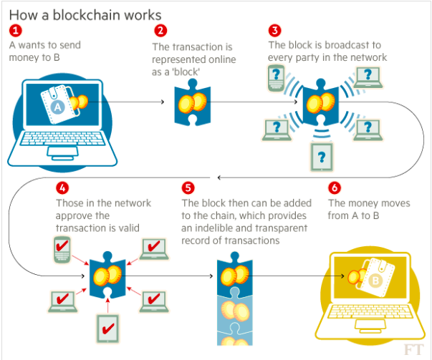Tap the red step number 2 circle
coord(160,31)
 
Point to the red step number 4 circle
coord(62,189)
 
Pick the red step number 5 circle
coord(188,189)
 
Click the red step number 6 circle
coord(335,189)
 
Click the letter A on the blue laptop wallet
coord(58,107)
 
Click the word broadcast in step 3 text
coord(332,45)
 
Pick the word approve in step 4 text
coord(73,215)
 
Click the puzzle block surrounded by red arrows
coord(108,275)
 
